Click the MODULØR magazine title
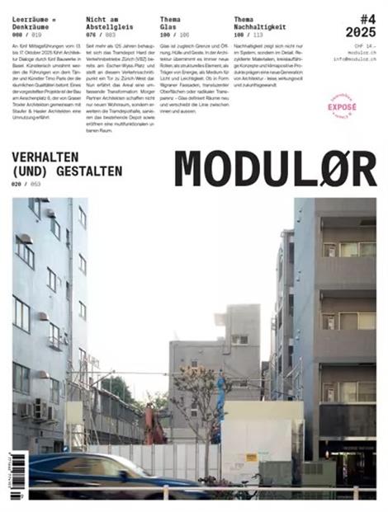tap(276, 169)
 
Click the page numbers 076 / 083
tap(100, 35)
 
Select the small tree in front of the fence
tap(197, 412)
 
